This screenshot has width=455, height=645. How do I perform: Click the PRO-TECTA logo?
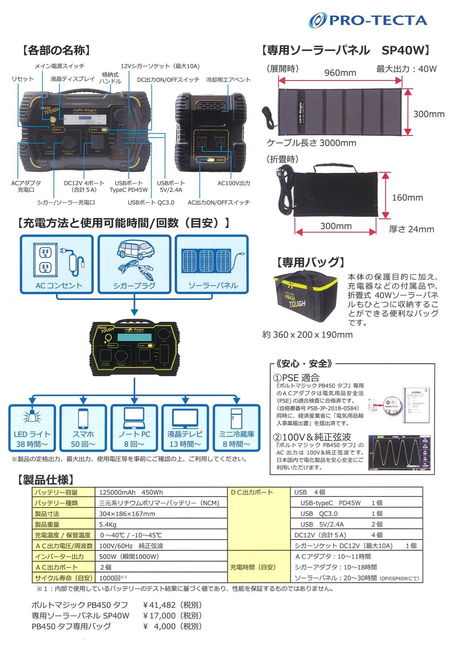[x=368, y=20]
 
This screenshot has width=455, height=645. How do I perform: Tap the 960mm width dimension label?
[x=340, y=73]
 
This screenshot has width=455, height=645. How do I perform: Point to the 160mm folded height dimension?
[x=407, y=197]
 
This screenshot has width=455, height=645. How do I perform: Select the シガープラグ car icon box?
[x=134, y=264]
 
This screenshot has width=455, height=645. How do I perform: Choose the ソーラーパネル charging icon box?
[x=212, y=264]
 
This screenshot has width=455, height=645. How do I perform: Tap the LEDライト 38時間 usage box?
[x=32, y=428]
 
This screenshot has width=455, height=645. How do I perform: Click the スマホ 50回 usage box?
[x=83, y=428]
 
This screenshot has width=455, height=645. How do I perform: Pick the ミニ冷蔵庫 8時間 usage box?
[x=236, y=428]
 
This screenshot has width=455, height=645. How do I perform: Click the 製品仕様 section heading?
[x=45, y=479]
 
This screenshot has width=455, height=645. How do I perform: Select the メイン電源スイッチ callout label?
[x=59, y=66]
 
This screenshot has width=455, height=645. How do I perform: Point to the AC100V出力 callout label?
[x=234, y=183]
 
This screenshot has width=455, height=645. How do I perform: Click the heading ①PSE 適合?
[x=296, y=377]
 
